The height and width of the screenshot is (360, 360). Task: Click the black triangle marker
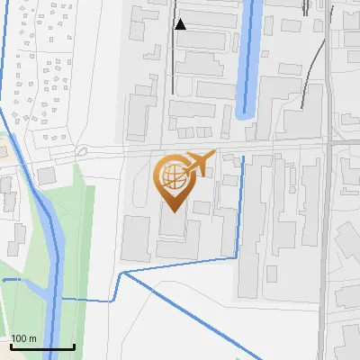click(181, 24)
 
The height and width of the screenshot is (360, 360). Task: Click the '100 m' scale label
click(23, 337)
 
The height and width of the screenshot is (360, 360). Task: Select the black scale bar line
click(42, 346)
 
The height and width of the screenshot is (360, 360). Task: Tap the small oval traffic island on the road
click(82, 151)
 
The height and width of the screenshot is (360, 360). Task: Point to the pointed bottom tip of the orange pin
click(172, 211)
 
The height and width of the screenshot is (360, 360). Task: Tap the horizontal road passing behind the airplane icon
click(270, 145)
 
